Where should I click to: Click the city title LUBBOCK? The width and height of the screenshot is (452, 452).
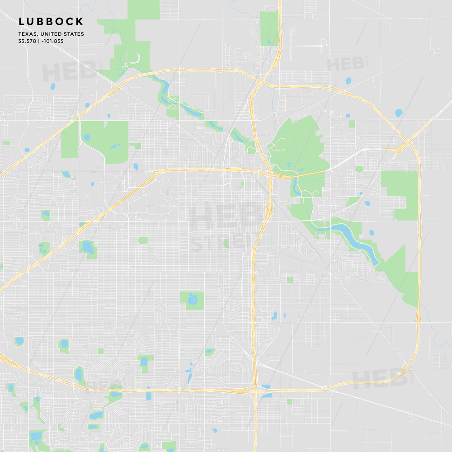(51, 22)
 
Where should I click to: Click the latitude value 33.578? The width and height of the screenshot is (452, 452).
(27, 41)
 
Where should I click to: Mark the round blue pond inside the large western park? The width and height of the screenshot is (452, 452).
(86, 137)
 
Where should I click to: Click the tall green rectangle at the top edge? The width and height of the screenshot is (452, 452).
(269, 28)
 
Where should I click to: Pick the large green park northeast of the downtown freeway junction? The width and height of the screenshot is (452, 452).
(296, 140)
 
